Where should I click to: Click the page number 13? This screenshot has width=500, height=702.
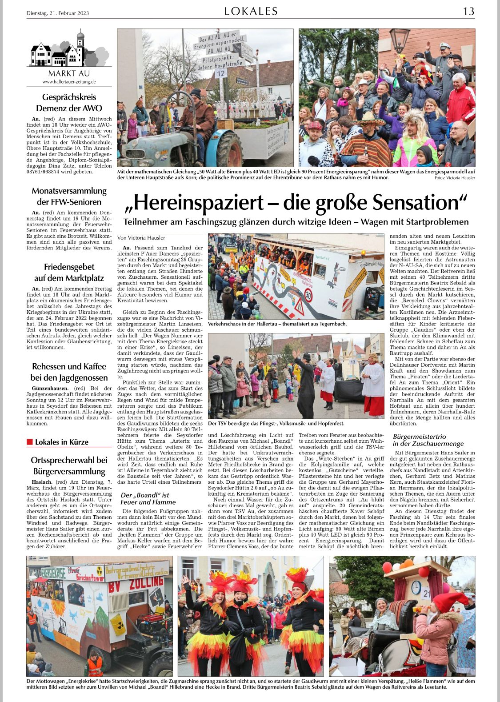(468, 11)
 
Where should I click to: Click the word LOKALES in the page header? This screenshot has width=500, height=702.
(251, 11)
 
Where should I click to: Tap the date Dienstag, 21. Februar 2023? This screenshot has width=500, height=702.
(58, 13)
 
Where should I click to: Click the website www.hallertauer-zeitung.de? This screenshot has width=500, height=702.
(69, 82)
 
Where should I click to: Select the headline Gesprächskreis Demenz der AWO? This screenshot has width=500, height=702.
(69, 103)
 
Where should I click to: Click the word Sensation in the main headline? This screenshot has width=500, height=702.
(420, 203)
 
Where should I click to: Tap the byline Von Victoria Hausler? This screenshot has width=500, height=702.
(141, 238)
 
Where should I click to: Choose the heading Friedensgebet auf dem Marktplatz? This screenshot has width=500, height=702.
(69, 273)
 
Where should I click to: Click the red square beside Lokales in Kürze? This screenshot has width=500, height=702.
(30, 441)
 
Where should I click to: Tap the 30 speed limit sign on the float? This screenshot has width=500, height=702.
(308, 295)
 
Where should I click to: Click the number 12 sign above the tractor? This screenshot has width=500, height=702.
(221, 73)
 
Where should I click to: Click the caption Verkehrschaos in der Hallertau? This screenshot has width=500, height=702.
(277, 324)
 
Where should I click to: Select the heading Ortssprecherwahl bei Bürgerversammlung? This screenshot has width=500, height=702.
(69, 465)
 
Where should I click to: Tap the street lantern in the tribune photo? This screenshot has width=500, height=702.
(399, 37)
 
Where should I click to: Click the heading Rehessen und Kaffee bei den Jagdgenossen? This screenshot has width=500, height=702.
(69, 372)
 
